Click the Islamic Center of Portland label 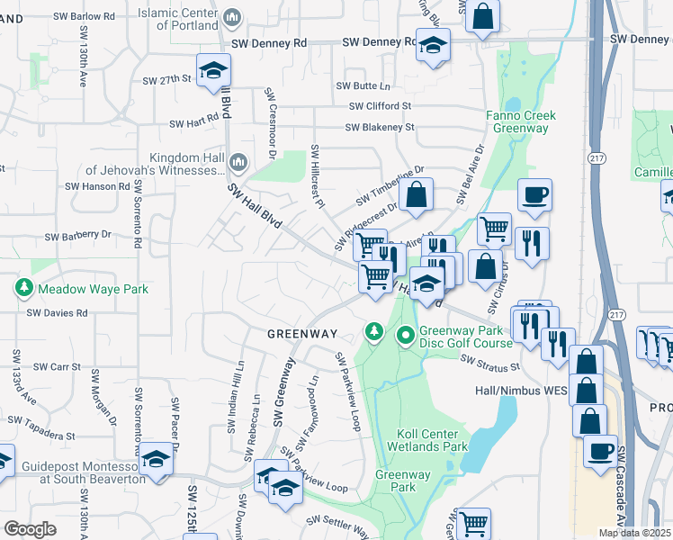click(x=179, y=18)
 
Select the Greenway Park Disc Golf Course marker click(x=406, y=336)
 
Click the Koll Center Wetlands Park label click(x=427, y=440)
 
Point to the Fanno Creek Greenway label click(x=521, y=121)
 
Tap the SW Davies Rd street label click(x=57, y=313)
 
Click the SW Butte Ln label click(x=363, y=86)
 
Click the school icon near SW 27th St click(x=214, y=71)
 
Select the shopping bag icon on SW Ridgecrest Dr click(x=417, y=195)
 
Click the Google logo click(x=31, y=529)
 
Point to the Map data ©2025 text click(x=634, y=533)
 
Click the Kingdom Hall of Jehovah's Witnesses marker click(x=238, y=162)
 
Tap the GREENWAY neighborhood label click(x=301, y=334)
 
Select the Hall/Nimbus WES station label click(x=521, y=391)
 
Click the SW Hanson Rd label click(x=97, y=186)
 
